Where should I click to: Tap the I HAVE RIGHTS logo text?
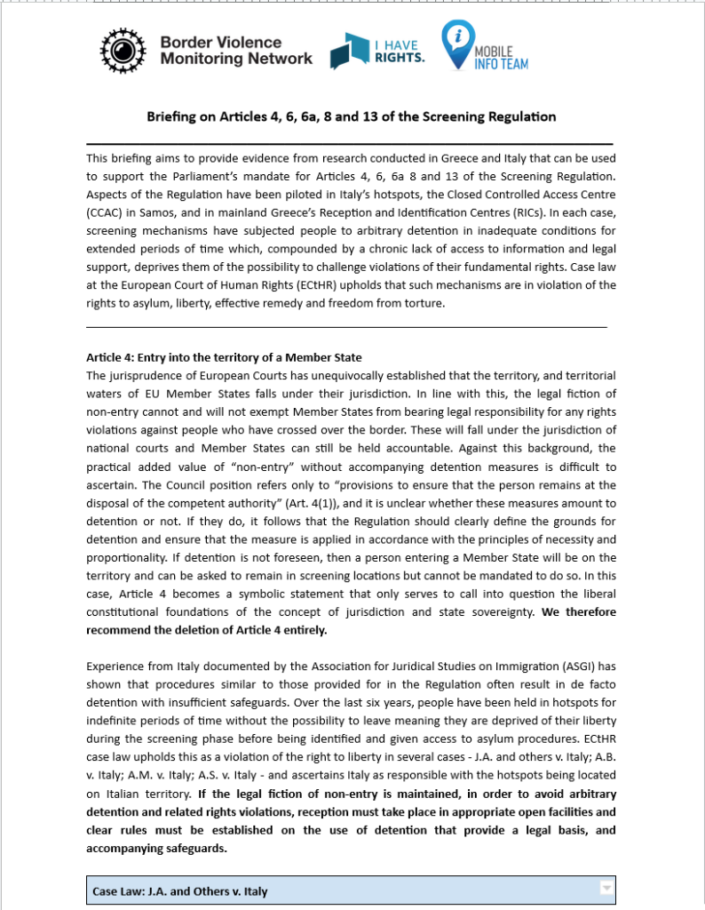click(398, 52)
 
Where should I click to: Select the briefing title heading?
click(351, 116)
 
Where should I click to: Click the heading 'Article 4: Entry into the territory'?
click(224, 357)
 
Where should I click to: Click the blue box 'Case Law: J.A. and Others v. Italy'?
click(350, 890)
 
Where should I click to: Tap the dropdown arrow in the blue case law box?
click(606, 887)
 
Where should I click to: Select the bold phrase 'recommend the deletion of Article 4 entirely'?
click(206, 630)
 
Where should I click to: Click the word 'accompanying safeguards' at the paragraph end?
click(156, 848)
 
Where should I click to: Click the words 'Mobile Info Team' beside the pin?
click(500, 58)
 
